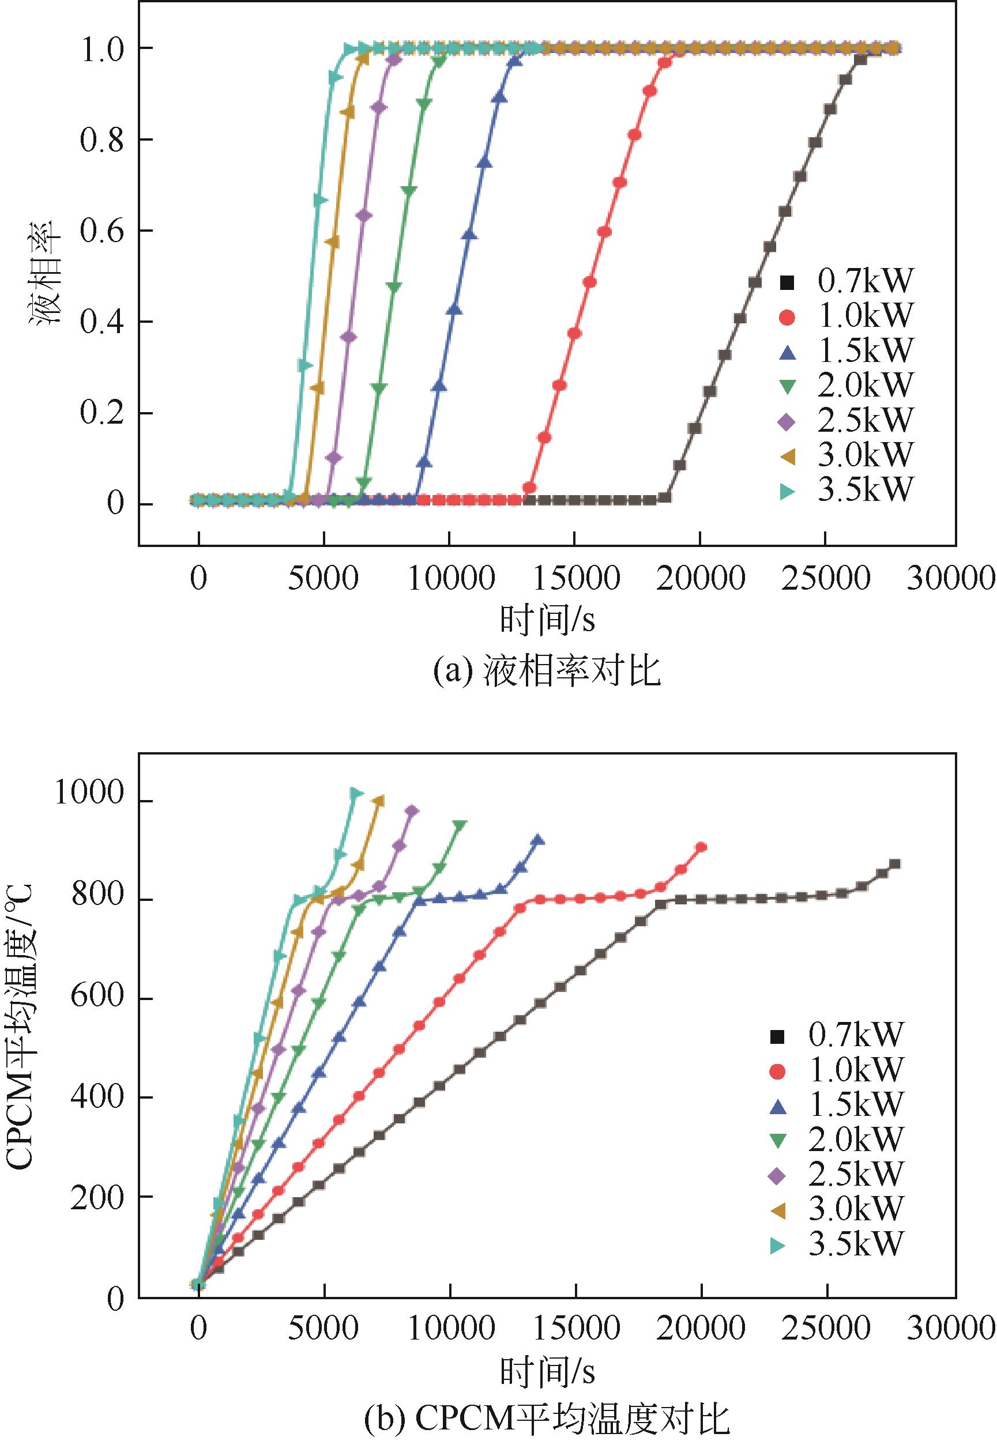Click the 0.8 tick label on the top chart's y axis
click(102, 140)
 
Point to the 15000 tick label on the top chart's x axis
click(575, 579)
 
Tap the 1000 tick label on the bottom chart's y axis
click(90, 793)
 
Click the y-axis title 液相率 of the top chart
click(44, 273)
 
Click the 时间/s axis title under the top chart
click(547, 621)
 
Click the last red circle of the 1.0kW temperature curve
click(701, 847)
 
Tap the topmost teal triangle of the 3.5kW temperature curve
click(355, 794)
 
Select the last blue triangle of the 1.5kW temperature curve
click(537, 840)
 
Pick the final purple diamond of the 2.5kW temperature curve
click(412, 811)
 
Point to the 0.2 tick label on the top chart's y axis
click(102, 413)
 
